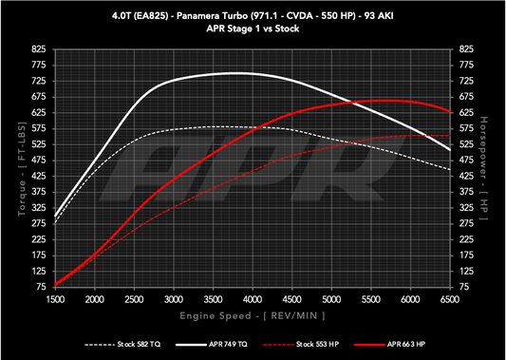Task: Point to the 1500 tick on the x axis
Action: pyautogui.click(x=55, y=298)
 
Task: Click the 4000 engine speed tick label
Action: pyautogui.click(x=253, y=298)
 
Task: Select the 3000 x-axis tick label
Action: pyautogui.click(x=174, y=298)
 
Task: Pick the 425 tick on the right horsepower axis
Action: pyautogui.click(x=466, y=175)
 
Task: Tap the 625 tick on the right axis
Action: pyautogui.click(x=466, y=112)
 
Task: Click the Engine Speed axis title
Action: pyautogui.click(x=253, y=313)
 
